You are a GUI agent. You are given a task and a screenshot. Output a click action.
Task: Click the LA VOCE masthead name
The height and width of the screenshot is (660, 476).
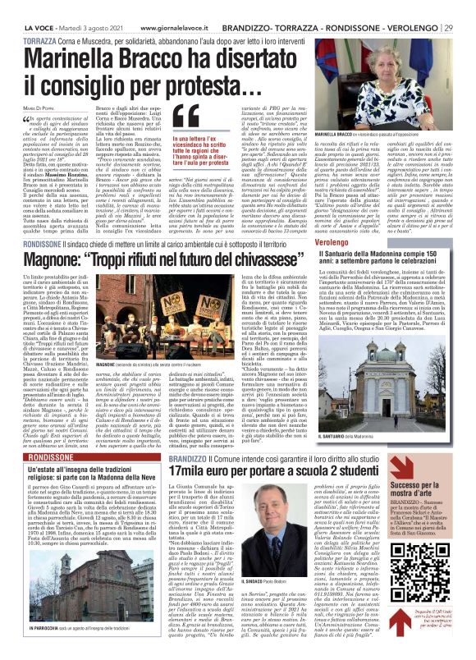(x=24, y=7)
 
